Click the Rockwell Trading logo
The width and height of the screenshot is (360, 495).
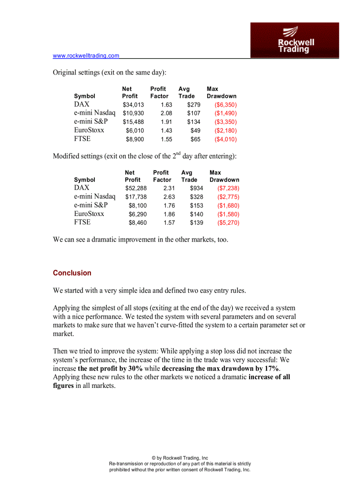coord(295,40)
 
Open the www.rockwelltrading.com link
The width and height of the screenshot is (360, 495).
coord(86,56)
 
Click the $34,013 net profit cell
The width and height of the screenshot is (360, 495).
coord(133,105)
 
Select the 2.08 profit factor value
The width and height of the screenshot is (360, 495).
coord(166,113)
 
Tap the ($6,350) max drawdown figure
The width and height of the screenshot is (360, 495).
coord(225,105)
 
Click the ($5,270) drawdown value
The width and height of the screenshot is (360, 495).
coord(228,223)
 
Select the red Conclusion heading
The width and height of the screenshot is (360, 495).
coord(72,273)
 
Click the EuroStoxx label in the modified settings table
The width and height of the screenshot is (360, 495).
coord(89,214)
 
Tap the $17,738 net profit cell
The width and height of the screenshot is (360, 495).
coord(136,197)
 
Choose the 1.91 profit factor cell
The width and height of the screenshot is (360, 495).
coord(166,122)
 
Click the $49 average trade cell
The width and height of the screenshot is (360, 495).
coord(195,130)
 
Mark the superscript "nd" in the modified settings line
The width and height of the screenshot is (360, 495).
coord(177,153)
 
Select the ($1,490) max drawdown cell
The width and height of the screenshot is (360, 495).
coord(225,113)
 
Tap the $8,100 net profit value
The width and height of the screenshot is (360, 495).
coord(138,205)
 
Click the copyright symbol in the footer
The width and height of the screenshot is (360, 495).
coord(154,458)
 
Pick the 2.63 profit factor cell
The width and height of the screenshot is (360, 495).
coord(169,197)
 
